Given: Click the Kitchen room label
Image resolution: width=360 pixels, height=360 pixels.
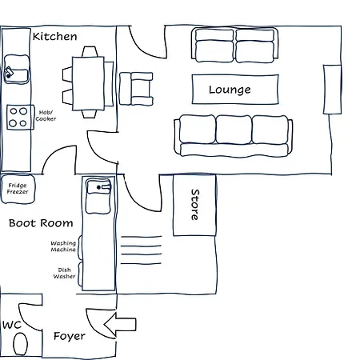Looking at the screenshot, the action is [55, 36].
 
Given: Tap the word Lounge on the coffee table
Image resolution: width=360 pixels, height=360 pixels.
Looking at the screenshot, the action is [230, 90].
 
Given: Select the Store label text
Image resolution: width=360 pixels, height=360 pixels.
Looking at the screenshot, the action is [195, 205].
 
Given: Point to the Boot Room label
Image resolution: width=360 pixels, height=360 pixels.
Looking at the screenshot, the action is [41, 223].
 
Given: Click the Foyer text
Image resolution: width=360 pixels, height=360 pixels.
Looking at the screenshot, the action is [70, 336].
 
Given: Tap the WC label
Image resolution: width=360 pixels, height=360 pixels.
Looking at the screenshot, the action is [12, 325].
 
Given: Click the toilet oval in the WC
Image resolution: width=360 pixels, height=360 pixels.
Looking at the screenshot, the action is [20, 344].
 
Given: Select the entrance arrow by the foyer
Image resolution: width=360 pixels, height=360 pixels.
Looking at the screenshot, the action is [120, 325].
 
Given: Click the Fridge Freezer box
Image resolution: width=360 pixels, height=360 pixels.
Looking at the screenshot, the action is [18, 189].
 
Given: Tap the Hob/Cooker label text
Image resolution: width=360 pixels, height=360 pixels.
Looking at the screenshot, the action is [46, 116].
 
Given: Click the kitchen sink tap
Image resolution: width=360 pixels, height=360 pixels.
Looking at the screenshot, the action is [9, 72].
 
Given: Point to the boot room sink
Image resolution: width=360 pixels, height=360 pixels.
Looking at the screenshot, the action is [98, 196].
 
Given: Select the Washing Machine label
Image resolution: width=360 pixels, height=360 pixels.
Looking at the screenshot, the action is [63, 246].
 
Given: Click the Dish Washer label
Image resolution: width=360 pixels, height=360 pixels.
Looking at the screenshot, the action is [64, 273].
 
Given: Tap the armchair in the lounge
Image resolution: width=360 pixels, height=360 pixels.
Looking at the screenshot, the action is [136, 89].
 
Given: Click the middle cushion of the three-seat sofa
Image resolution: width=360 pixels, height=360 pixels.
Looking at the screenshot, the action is [234, 130].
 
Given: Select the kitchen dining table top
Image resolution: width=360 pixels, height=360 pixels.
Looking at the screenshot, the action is [88, 83].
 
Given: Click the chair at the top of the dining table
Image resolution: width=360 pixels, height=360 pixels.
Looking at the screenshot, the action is [90, 52].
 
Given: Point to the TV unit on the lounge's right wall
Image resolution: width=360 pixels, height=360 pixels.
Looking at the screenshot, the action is [332, 90].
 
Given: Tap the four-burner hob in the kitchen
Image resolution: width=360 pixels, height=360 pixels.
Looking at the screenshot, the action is [20, 118].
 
